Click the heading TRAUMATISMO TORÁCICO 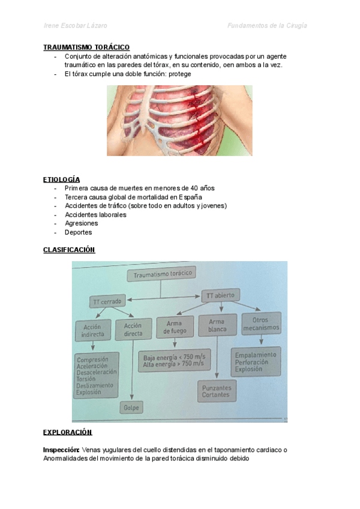click(86, 47)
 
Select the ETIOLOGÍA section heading click(61, 179)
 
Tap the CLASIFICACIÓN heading click(69, 250)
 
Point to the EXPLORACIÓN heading click(67, 432)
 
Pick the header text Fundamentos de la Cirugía click(268, 26)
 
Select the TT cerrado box click(108, 302)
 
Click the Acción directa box click(133, 329)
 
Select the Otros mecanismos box click(260, 324)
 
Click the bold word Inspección click(61, 449)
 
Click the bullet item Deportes click(78, 232)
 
